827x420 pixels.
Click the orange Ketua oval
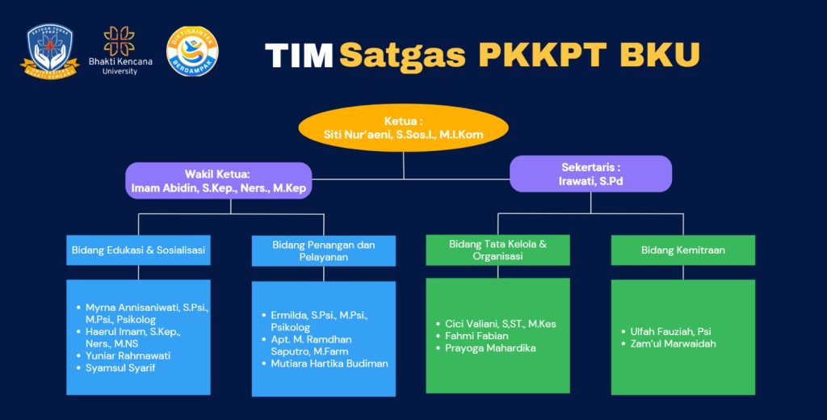(404, 128)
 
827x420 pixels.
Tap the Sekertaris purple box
(590, 174)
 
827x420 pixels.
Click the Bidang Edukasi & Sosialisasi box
(138, 250)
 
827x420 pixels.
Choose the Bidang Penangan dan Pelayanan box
(323, 250)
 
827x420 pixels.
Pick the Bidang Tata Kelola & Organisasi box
(497, 250)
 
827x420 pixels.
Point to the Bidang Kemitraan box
(682, 250)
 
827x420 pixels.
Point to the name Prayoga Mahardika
(490, 348)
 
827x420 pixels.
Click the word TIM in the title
(299, 55)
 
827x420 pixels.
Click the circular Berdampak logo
(192, 52)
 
